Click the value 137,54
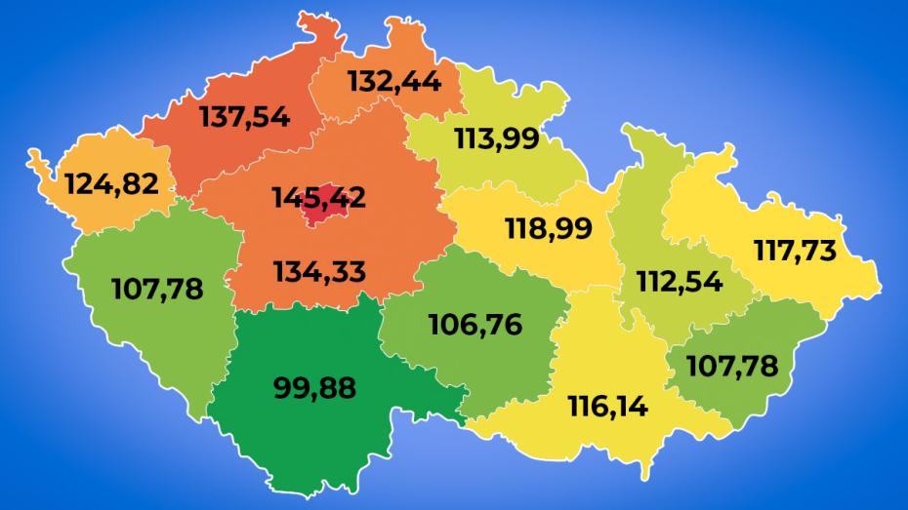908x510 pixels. (x=244, y=117)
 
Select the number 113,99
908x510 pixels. (x=496, y=139)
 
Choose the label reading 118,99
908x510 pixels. (x=548, y=228)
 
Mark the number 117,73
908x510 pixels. (x=795, y=251)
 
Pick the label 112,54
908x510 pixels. (x=680, y=282)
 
